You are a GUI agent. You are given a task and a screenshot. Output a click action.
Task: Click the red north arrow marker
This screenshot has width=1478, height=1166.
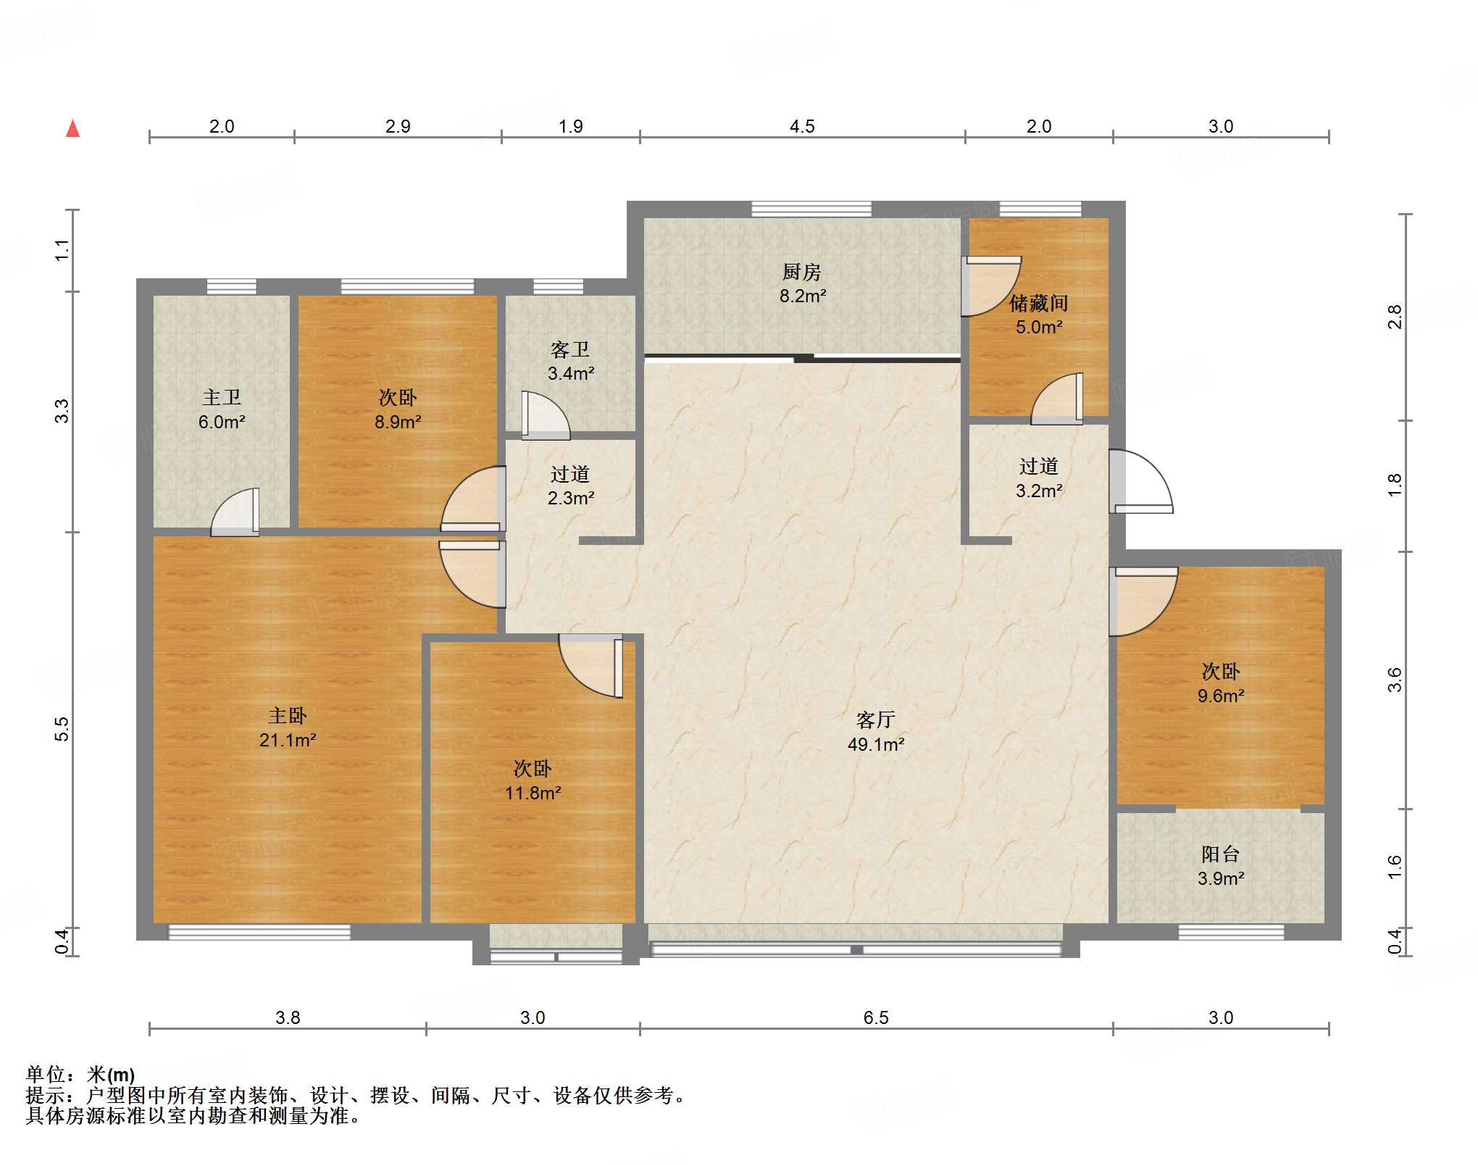point(72,128)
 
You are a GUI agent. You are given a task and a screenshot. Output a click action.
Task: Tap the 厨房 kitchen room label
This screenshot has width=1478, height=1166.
point(802,272)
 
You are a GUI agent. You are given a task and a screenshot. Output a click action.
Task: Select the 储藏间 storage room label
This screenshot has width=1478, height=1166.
point(1039,303)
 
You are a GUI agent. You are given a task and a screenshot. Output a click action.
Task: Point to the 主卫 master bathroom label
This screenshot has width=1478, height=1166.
point(222,397)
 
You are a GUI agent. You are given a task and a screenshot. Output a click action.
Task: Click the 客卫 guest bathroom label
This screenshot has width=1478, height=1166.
point(570,349)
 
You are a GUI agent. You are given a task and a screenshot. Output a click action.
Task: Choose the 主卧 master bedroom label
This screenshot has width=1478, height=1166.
point(288,716)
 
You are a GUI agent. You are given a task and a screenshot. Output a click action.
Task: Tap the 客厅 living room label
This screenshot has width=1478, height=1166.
point(876,720)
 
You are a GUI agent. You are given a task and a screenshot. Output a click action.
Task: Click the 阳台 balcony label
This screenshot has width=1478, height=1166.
point(1221,854)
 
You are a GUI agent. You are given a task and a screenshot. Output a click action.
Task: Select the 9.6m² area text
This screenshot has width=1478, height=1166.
point(1221,696)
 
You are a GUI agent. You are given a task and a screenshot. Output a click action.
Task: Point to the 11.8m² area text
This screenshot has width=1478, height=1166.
point(533,794)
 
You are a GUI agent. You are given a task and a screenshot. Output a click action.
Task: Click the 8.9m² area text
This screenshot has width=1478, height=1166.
point(398,422)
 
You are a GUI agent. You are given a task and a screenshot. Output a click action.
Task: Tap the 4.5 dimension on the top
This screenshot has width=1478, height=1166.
point(802,127)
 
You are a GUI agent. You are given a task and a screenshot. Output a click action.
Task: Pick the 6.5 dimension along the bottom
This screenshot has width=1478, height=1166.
point(876,1018)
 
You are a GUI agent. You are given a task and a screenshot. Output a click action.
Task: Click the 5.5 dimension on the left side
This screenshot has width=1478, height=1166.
point(62,729)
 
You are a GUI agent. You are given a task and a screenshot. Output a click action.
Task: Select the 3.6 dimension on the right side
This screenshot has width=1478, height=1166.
point(1395,680)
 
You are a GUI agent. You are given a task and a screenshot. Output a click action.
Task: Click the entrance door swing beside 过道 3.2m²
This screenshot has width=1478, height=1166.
point(1141,482)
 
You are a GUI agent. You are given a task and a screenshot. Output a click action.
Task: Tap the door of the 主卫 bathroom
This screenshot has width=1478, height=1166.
point(235,512)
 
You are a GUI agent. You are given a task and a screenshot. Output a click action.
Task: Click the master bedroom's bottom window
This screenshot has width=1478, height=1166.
point(259,932)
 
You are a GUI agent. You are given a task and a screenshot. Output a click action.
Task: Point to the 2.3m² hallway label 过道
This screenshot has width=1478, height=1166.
point(570,474)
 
